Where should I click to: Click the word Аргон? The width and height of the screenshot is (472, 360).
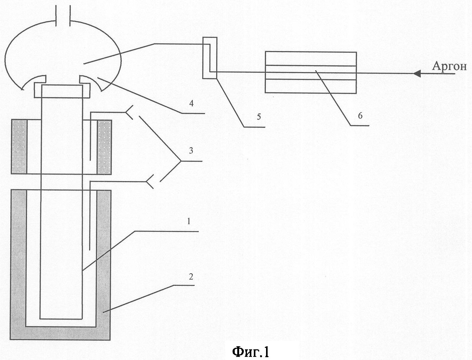pyautogui.click(x=449, y=66)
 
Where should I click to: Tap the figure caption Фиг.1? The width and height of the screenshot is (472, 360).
pyautogui.click(x=250, y=352)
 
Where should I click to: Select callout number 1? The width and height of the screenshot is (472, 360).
pyautogui.click(x=189, y=222)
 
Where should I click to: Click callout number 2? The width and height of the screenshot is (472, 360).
pyautogui.click(x=191, y=277)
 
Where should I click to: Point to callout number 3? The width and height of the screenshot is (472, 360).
pyautogui.click(x=191, y=151)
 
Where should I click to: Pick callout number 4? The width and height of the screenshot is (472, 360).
pyautogui.click(x=191, y=103)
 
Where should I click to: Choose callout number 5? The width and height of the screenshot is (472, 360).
pyautogui.click(x=259, y=117)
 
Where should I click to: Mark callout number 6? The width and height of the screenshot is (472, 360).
pyautogui.click(x=360, y=116)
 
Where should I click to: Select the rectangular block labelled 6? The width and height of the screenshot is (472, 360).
pyautogui.click(x=310, y=72)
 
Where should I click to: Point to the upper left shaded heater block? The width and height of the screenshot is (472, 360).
pyautogui.click(x=19, y=147)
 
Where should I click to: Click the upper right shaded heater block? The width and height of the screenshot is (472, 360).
pyautogui.click(x=104, y=147)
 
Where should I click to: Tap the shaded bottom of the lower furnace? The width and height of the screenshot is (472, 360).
pyautogui.click(x=61, y=333)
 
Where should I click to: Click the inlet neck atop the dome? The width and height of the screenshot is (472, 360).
pyautogui.click(x=63, y=14)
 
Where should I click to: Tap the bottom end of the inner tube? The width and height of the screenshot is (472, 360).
pyautogui.click(x=61, y=319)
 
